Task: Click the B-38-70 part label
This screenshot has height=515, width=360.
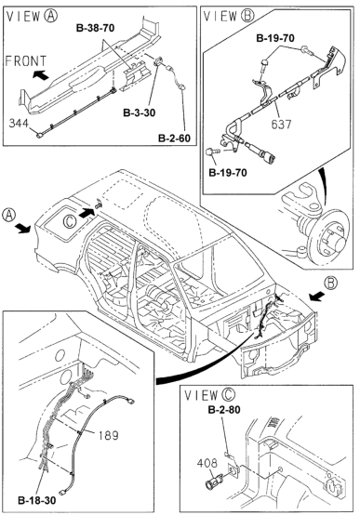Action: coord(95,28)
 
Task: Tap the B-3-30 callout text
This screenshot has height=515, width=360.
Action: coord(139,112)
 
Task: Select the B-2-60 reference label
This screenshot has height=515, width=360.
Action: coord(174,138)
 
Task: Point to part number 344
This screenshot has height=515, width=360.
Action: coord(19,124)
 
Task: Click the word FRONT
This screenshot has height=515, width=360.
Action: coord(26,61)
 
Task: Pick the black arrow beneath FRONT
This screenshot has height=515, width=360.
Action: coord(41,75)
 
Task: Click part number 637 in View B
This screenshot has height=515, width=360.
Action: coord(282,125)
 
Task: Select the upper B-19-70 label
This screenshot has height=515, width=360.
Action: coord(275,38)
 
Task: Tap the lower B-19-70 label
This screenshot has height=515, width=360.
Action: coord(228,172)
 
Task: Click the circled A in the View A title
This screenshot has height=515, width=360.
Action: coord(50,16)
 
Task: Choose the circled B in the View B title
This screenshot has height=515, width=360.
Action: coord(247,16)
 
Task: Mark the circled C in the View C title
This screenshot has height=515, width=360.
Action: coord(228,394)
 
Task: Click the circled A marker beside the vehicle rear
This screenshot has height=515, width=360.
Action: coord(8,215)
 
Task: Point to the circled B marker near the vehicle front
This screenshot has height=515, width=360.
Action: coord(331,283)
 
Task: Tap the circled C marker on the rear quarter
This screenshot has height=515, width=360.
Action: coord(70,221)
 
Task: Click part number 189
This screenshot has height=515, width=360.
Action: coord(109,435)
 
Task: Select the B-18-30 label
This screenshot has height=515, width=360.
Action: coord(37,501)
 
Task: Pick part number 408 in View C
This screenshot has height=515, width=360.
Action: coord(207,463)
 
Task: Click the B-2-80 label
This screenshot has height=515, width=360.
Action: coord(224,410)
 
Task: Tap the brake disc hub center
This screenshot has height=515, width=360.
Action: coord(338,243)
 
